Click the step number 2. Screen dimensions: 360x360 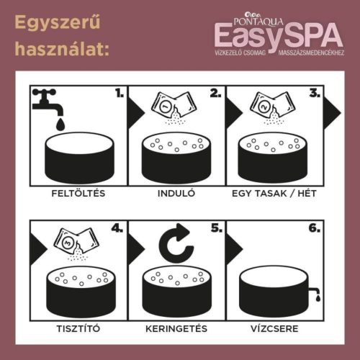click(x=214, y=93)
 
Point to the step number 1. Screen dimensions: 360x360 click(x=117, y=93)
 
